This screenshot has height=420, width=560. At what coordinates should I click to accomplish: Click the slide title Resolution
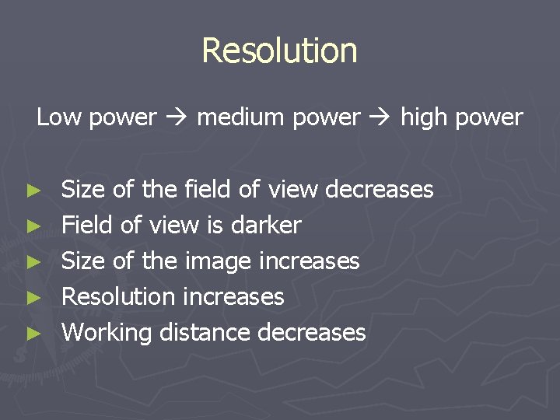pos(279,51)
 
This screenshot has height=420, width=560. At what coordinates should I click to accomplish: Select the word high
pos(425,117)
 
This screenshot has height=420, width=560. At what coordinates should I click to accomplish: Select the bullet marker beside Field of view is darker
pos(32,226)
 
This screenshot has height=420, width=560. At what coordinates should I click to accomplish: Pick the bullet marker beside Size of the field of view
pos(32,191)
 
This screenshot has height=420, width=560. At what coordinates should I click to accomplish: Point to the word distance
pos(205,332)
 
